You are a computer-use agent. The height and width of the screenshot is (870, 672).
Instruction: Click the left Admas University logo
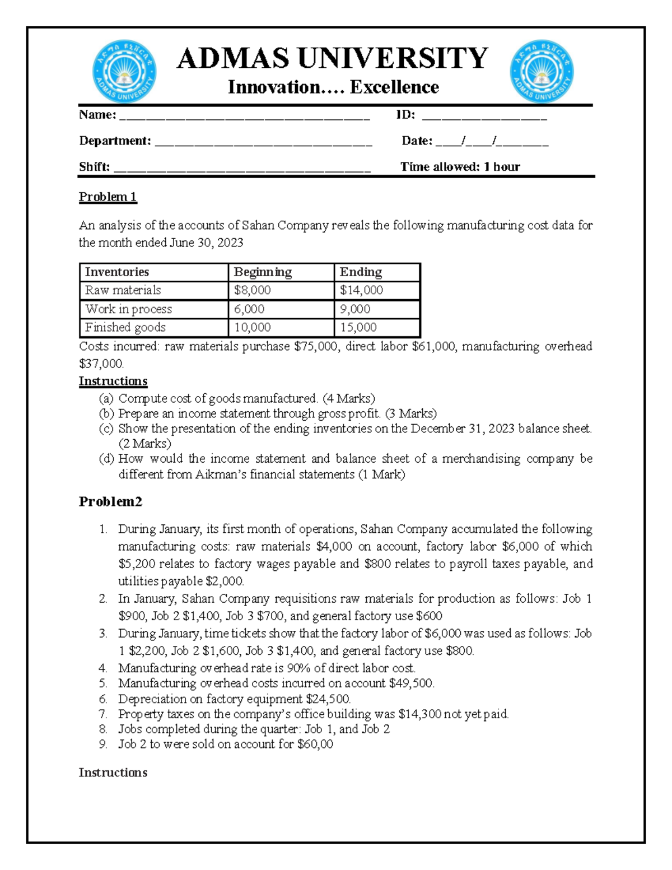coord(124,72)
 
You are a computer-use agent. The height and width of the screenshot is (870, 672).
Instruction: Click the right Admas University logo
coord(542,72)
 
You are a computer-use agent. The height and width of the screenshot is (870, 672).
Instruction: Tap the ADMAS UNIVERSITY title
coord(333,58)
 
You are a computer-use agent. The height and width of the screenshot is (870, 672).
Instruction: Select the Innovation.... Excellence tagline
coord(333,87)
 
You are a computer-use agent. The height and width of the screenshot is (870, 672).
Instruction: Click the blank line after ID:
coord(484,118)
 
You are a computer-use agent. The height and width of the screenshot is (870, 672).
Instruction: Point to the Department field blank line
coord(263,143)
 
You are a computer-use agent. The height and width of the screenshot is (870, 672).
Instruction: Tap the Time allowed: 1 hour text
coord(460,167)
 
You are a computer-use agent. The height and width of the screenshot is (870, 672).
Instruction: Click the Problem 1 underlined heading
coord(108,197)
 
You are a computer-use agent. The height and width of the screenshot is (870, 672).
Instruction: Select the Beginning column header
coord(263,272)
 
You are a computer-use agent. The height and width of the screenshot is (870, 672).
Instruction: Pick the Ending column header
coord(361,272)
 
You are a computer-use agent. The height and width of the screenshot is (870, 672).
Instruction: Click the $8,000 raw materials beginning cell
coord(253,290)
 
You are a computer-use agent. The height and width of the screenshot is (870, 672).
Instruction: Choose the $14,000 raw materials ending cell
coord(361,290)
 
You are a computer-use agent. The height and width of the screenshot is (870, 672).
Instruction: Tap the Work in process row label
coord(128,309)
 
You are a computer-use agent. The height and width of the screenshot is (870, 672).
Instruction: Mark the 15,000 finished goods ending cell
coord(358,327)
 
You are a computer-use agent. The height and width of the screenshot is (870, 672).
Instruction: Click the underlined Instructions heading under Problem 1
coord(113,382)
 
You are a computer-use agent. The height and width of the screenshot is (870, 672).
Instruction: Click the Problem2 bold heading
coord(110,501)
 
